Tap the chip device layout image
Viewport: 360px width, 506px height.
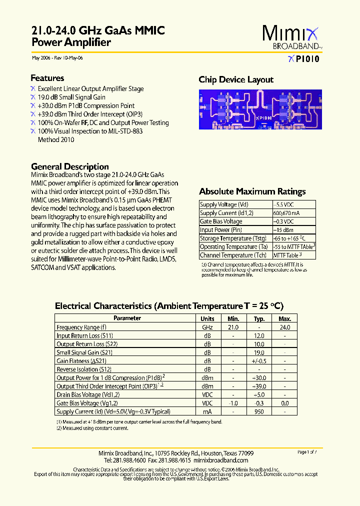pos(257,109)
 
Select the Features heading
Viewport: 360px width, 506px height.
pos(47,78)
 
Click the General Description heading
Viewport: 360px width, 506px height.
pos(69,166)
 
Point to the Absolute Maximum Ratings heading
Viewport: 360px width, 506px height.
pos(252,191)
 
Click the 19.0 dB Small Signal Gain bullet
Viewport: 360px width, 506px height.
pos(71,97)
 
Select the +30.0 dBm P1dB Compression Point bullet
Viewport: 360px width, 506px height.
pos(86,105)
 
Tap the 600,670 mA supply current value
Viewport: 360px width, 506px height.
pos(286,213)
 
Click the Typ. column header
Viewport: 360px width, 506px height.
pos(259,318)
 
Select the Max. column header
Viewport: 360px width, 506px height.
pos(284,318)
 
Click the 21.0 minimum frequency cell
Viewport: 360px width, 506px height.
pos(233,327)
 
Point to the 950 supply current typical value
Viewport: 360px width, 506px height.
pos(259,411)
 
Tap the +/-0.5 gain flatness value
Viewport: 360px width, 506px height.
pos(259,360)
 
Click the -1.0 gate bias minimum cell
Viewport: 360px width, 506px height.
pos(233,403)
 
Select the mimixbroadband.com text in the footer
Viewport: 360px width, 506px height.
pos(220,460)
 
